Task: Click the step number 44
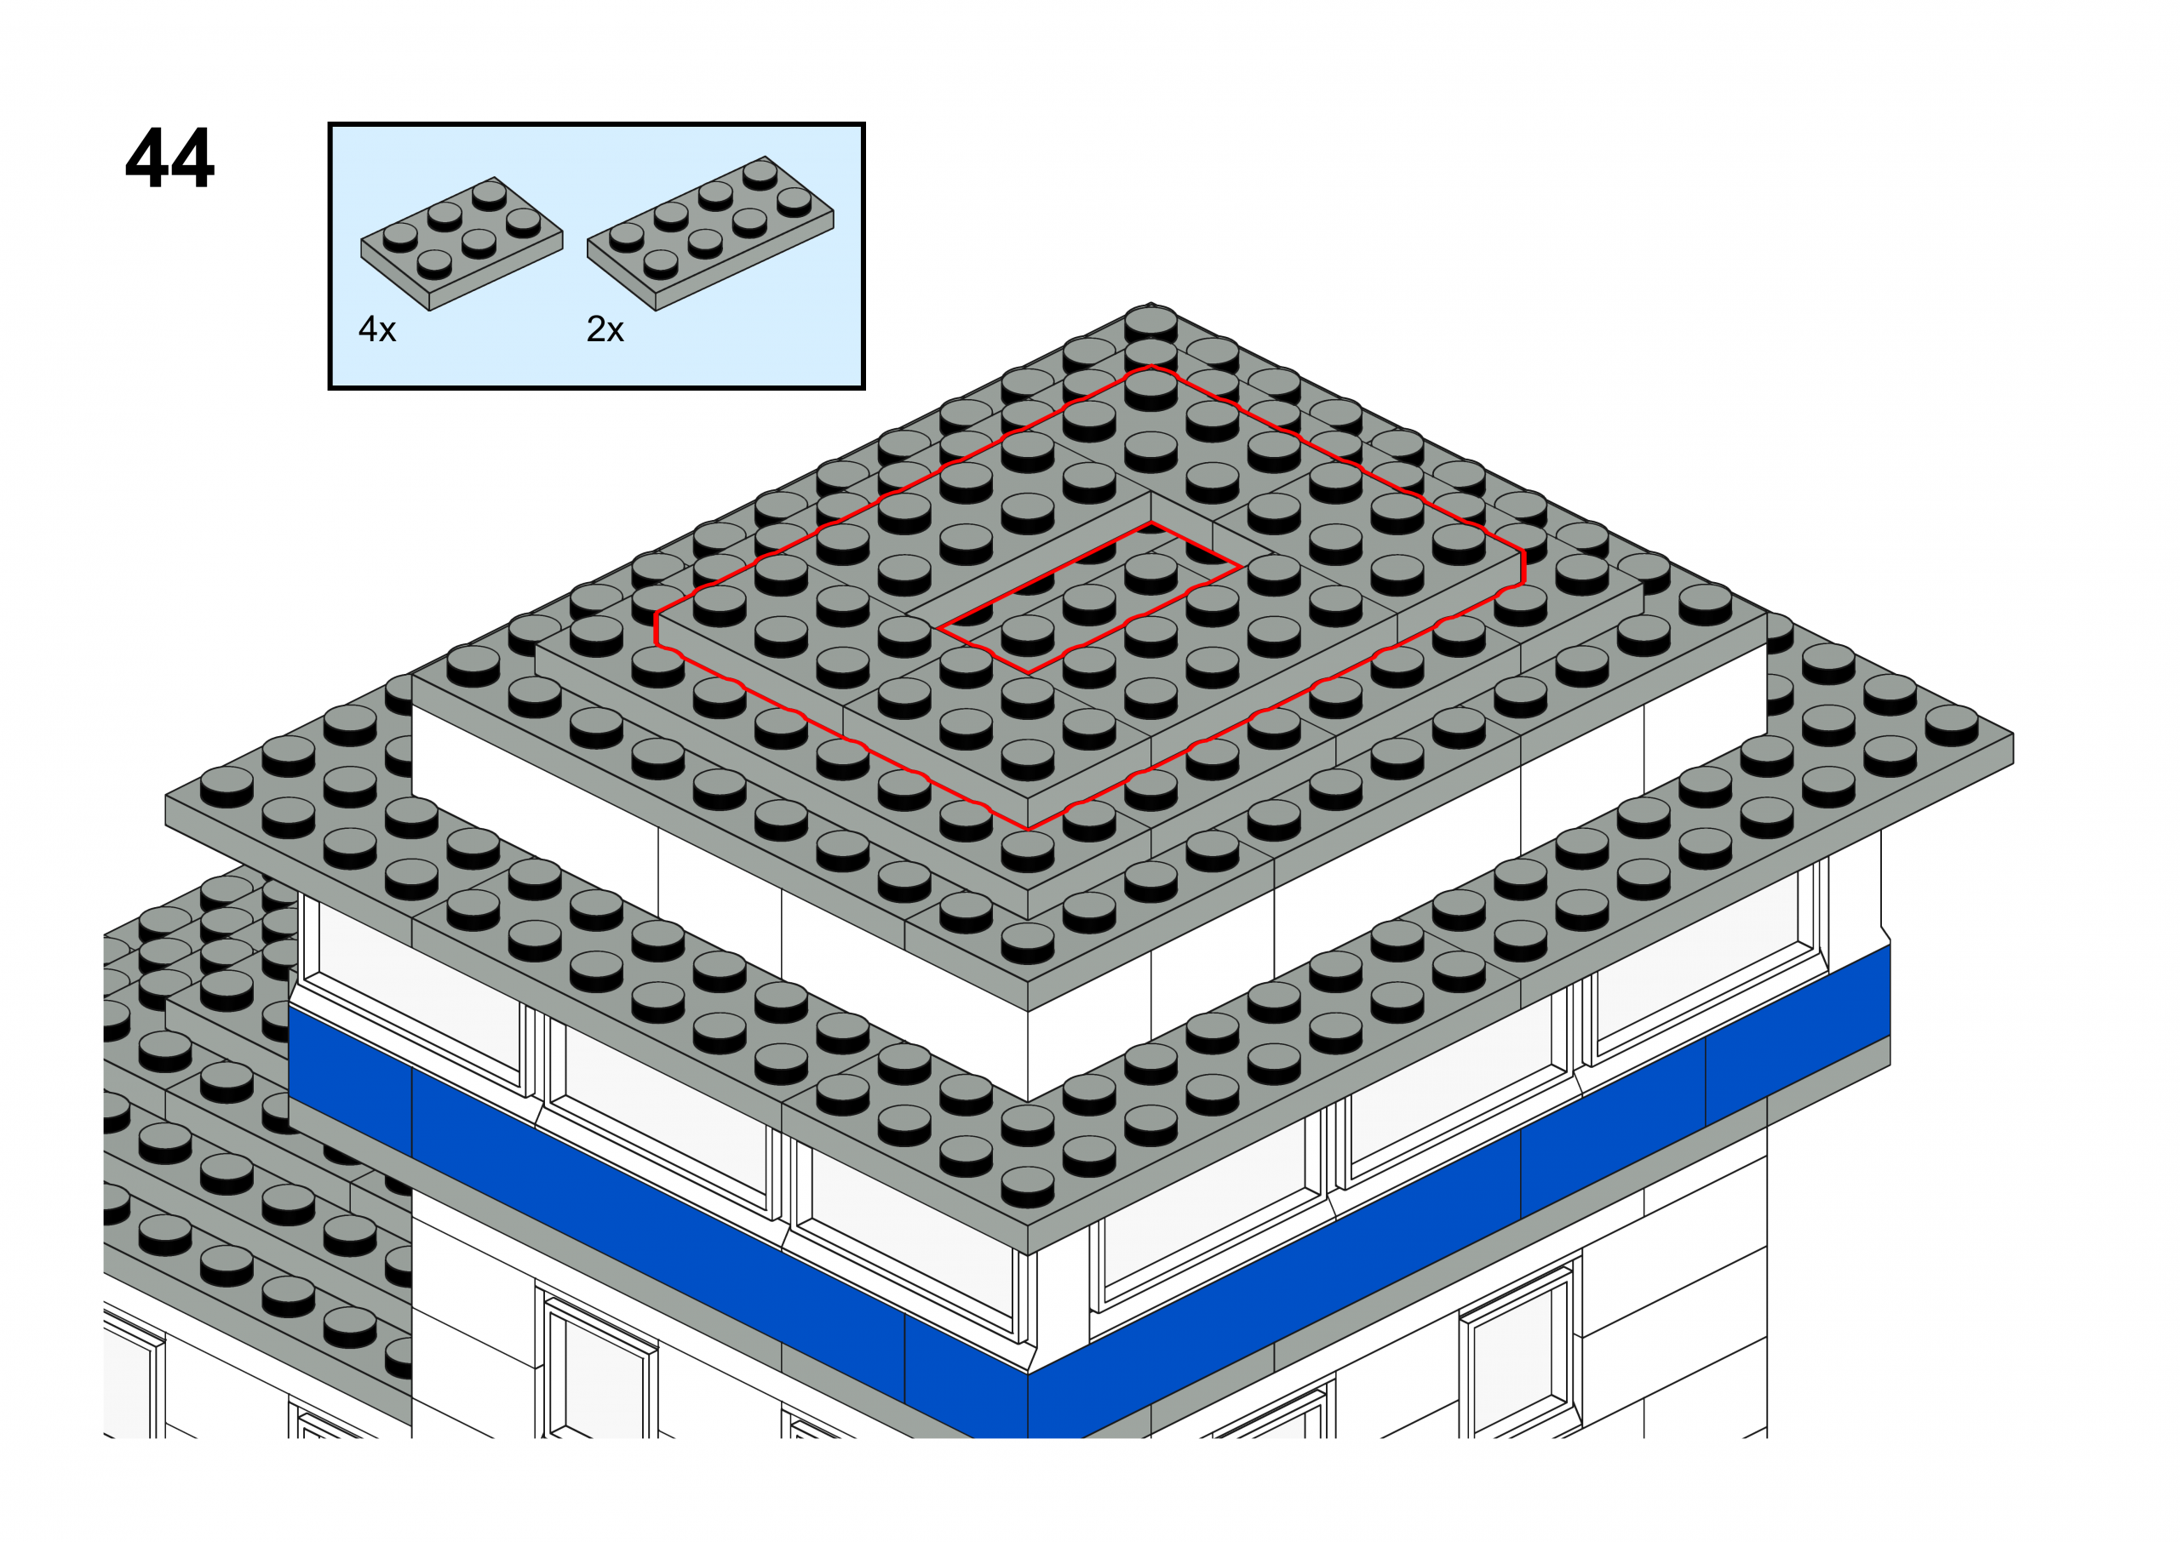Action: tap(170, 157)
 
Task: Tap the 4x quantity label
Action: tap(377, 329)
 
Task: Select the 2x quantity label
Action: tap(605, 329)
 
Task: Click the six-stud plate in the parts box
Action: tap(462, 243)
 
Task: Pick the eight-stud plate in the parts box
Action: tap(710, 232)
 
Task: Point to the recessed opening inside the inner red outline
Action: tap(1089, 598)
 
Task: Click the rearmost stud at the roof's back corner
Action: tap(1150, 323)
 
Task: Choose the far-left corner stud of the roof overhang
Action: tap(227, 788)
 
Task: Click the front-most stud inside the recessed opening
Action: tap(1027, 634)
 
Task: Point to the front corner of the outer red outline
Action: tap(1028, 829)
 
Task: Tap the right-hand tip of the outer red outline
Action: tap(1523, 568)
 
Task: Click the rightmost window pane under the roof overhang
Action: tap(1705, 959)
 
